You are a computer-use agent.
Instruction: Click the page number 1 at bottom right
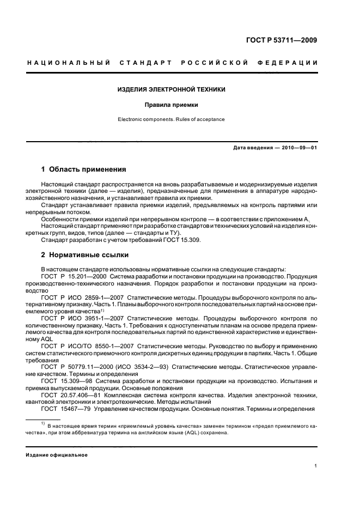click(316, 466)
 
